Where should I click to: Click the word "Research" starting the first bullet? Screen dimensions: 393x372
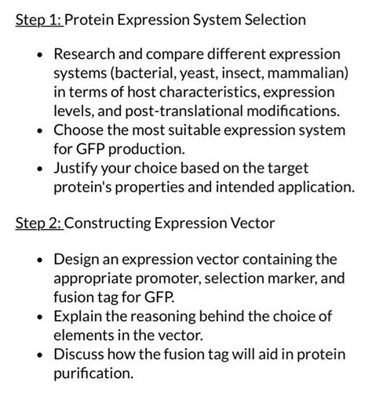[86, 55]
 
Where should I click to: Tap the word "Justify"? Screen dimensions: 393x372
[77, 168]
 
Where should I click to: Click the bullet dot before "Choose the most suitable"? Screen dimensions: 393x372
[38, 130]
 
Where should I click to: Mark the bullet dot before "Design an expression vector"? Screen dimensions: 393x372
[38, 260]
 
